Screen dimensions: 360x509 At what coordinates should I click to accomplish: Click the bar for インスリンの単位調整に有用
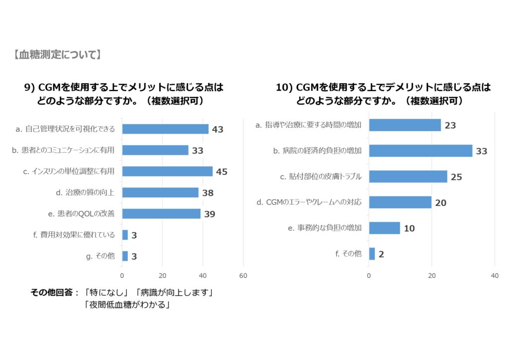coord(167,171)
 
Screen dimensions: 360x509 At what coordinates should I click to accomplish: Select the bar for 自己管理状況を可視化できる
coord(165,129)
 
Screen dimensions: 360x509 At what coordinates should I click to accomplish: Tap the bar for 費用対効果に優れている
coord(125,235)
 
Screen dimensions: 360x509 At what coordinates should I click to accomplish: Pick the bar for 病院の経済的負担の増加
coord(421,151)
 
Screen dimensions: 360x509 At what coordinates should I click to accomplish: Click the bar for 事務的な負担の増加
coord(384,228)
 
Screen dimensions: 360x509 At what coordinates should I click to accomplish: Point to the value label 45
coord(222,172)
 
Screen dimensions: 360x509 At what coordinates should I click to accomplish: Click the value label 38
coord(207,193)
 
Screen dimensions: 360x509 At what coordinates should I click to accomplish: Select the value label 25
coord(456,177)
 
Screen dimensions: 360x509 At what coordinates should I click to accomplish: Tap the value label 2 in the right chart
coord(381,255)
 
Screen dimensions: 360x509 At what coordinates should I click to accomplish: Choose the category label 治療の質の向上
coord(85,192)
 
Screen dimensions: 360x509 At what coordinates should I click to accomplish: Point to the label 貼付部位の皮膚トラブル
coord(321,177)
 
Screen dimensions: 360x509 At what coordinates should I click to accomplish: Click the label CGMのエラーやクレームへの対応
coord(309,202)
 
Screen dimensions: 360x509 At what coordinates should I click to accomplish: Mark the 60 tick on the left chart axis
coord(243,275)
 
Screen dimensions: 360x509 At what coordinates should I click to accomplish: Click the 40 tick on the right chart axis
coord(495,275)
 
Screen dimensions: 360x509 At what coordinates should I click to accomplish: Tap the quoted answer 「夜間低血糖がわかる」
coord(127,305)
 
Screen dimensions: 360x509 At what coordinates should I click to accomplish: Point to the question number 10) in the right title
coord(284,88)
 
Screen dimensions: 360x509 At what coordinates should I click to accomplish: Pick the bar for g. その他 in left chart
coord(125,256)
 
